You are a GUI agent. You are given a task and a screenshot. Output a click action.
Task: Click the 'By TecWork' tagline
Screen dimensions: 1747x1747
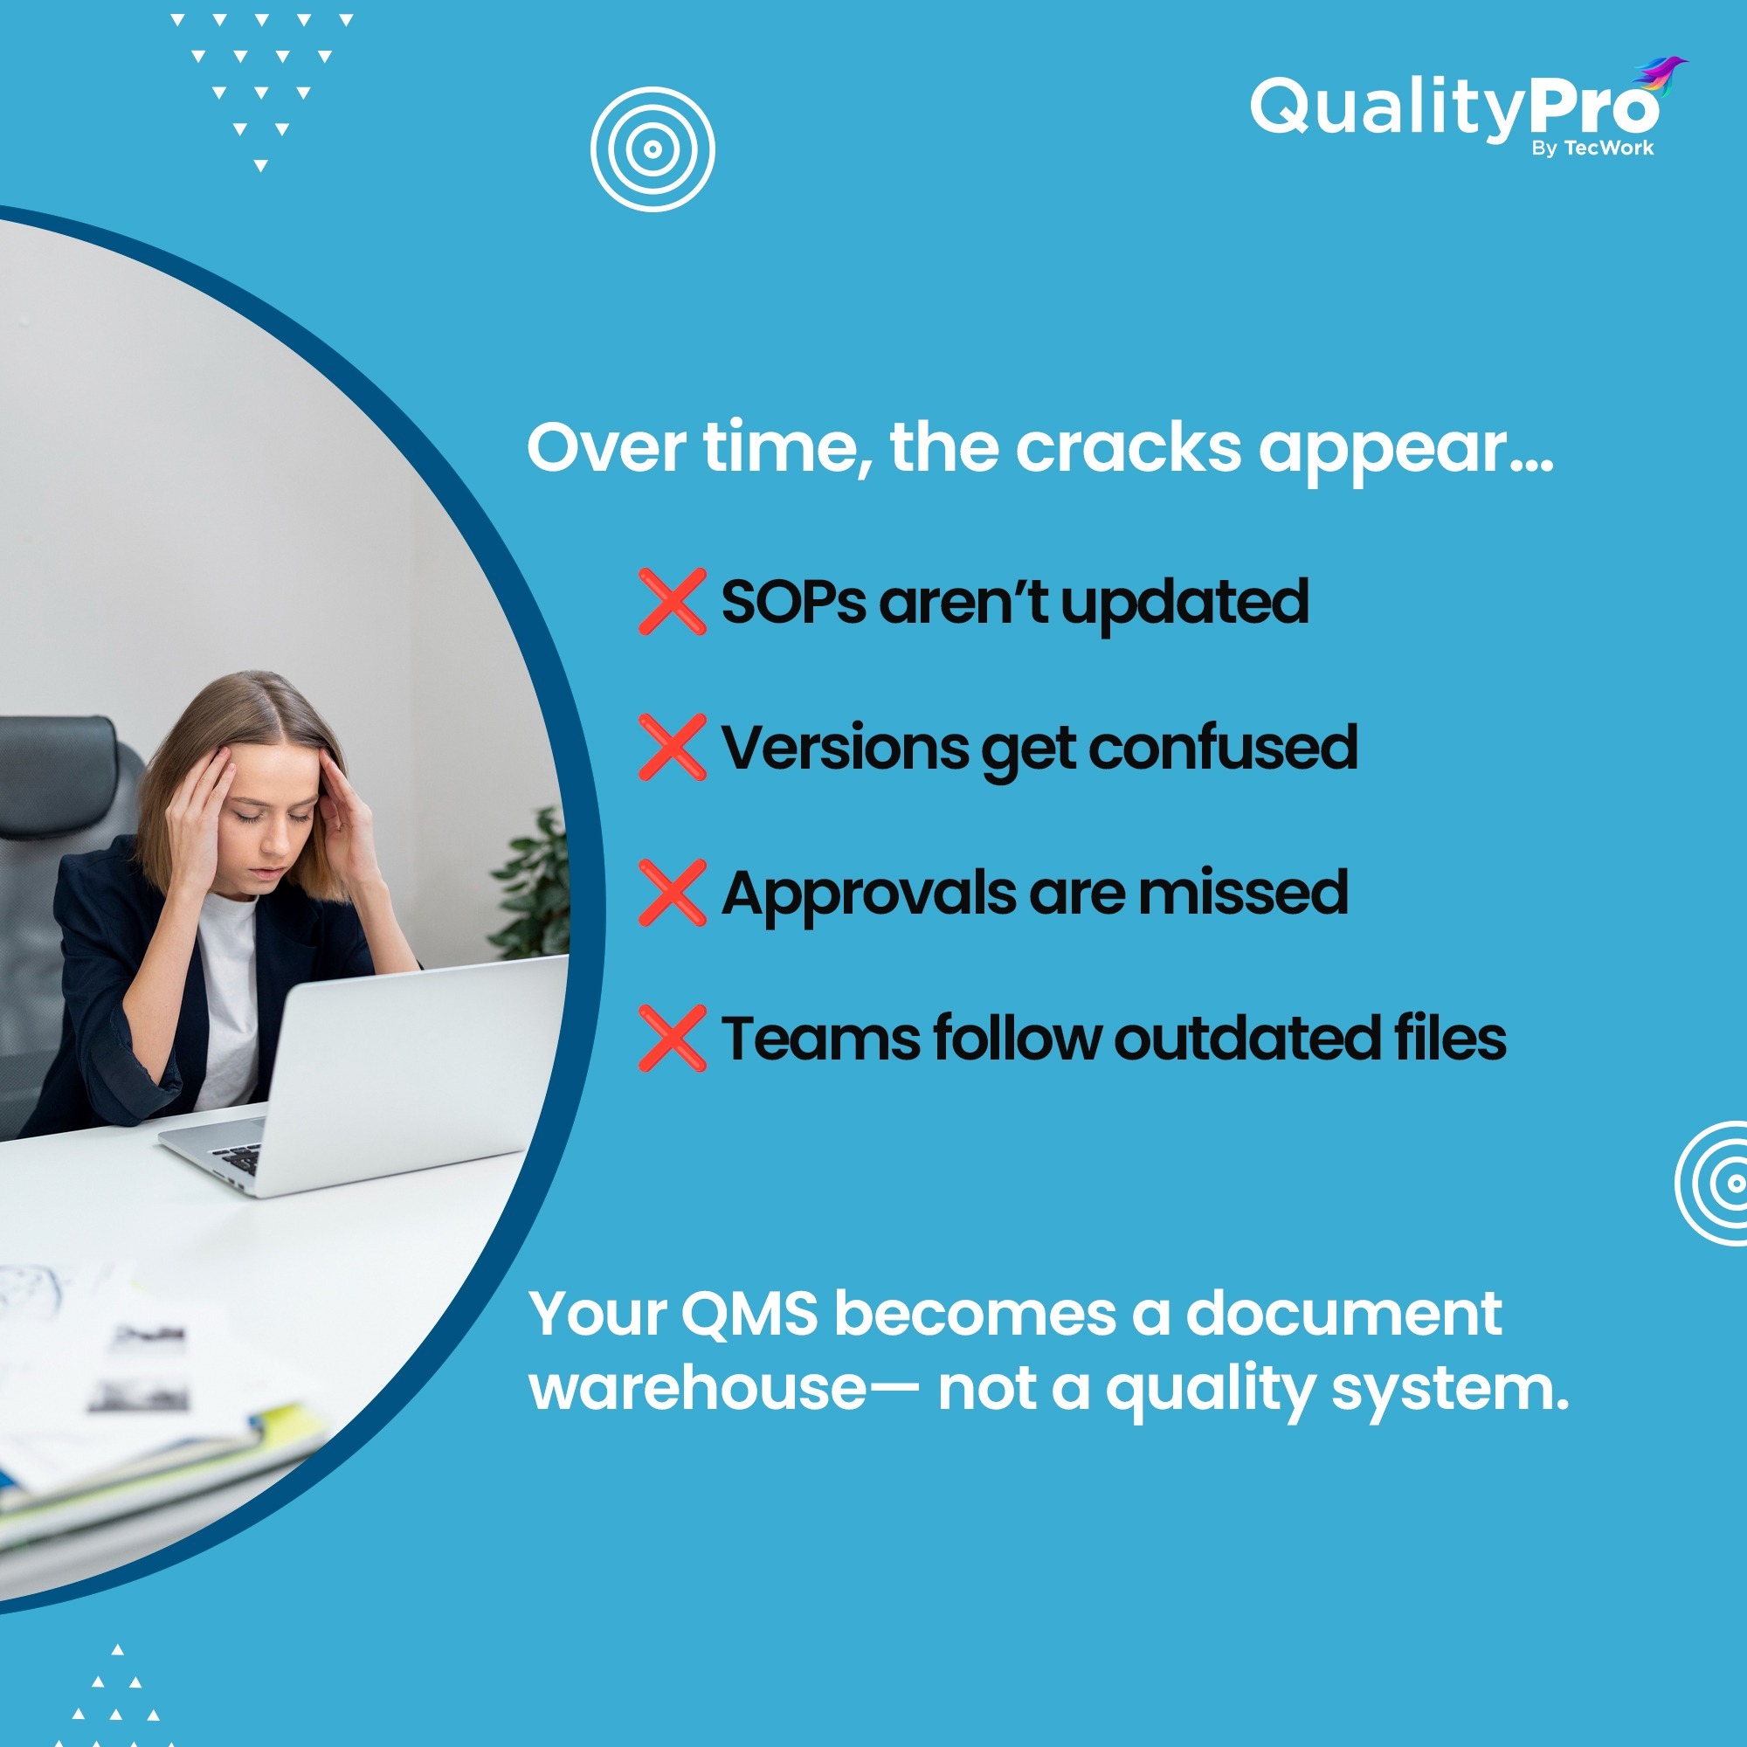(1592, 148)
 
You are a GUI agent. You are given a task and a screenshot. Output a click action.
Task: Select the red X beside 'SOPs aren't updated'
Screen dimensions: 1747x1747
(672, 601)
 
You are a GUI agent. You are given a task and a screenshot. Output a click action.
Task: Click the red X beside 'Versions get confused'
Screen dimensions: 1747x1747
(672, 747)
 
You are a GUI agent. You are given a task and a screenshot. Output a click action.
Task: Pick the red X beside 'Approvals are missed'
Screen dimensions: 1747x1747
(672, 893)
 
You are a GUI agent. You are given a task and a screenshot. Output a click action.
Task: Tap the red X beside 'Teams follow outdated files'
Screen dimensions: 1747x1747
(672, 1038)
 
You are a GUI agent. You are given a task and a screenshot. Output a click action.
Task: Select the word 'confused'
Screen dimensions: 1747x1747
(1223, 748)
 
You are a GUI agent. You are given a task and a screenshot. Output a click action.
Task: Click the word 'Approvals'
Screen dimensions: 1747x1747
(869, 894)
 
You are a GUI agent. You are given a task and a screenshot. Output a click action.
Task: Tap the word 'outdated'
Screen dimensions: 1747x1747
(1247, 1038)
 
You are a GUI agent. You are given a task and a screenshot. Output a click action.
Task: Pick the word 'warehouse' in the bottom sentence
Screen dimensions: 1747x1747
(698, 1389)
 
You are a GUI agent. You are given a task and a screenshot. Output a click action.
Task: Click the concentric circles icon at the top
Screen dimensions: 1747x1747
(652, 149)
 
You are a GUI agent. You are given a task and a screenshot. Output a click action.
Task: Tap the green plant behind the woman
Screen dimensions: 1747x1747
(534, 886)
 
